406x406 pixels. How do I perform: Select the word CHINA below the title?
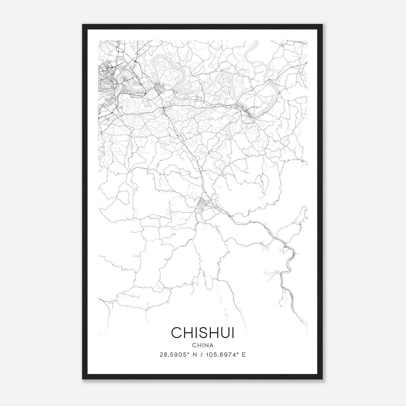click(x=203, y=345)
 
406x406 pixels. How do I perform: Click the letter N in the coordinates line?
click(x=195, y=355)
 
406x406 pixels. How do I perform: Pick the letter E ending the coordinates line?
click(x=244, y=355)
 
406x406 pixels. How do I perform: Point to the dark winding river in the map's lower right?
click(x=289, y=266)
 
